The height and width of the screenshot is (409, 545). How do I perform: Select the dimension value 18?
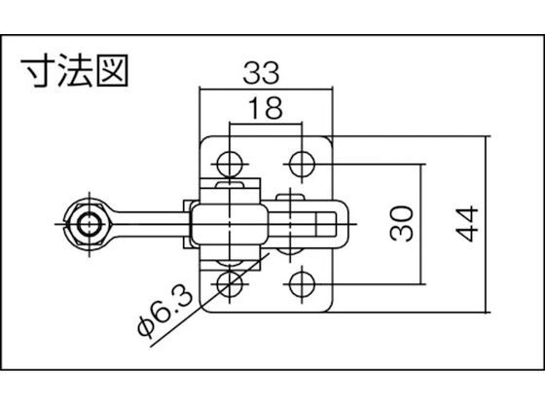click(x=266, y=109)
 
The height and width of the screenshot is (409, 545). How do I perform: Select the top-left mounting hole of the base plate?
click(x=231, y=162)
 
